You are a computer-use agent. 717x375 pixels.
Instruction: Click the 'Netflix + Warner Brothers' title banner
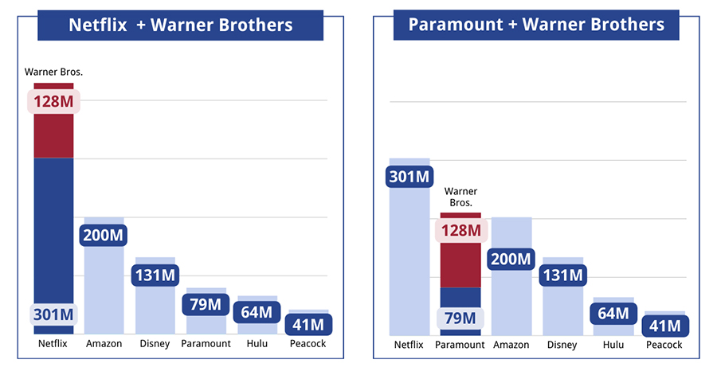tap(181, 25)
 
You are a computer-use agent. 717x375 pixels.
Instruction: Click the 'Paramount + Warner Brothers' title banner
tap(536, 25)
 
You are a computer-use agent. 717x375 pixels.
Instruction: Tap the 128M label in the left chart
tap(53, 102)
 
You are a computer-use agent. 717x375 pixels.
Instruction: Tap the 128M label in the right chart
tap(460, 231)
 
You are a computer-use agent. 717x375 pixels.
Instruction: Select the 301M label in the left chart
tap(53, 314)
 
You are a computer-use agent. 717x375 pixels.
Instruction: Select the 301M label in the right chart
tap(409, 176)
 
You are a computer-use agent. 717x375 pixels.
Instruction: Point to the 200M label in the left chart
tap(104, 236)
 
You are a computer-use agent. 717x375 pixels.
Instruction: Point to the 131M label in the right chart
tap(562, 275)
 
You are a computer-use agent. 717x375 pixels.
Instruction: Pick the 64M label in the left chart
tap(257, 312)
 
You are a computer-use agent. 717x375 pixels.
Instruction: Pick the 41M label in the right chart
tap(664, 326)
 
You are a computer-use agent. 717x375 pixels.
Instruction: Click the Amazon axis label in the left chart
tap(104, 344)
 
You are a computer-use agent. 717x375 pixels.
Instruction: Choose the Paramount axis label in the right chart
tap(460, 345)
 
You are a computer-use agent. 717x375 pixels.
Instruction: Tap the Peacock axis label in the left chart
tap(308, 344)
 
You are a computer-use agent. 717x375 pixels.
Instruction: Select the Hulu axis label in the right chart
tap(613, 345)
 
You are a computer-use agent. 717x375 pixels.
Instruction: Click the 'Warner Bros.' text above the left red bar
tap(53, 72)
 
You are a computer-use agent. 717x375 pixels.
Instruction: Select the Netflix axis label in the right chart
tap(409, 345)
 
